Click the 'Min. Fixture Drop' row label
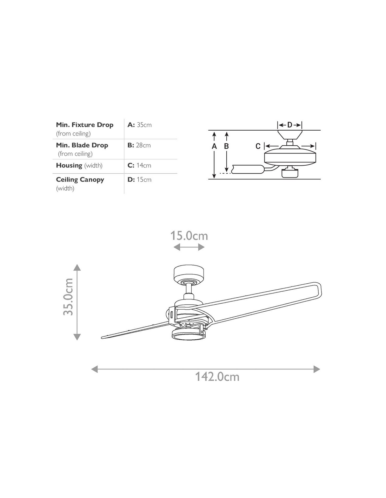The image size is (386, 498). click(x=85, y=125)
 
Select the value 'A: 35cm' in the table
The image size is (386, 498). click(x=139, y=125)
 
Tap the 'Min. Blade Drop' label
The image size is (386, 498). click(x=82, y=145)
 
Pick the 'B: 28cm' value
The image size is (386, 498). click(x=139, y=145)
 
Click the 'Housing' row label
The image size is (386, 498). click(x=69, y=165)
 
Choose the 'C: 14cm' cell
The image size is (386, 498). click(x=139, y=165)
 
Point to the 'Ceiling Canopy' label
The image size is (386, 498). click(x=80, y=180)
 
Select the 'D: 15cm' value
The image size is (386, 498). click(x=139, y=180)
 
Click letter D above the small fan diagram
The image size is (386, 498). click(x=290, y=125)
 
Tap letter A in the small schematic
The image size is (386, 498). click(x=214, y=146)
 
